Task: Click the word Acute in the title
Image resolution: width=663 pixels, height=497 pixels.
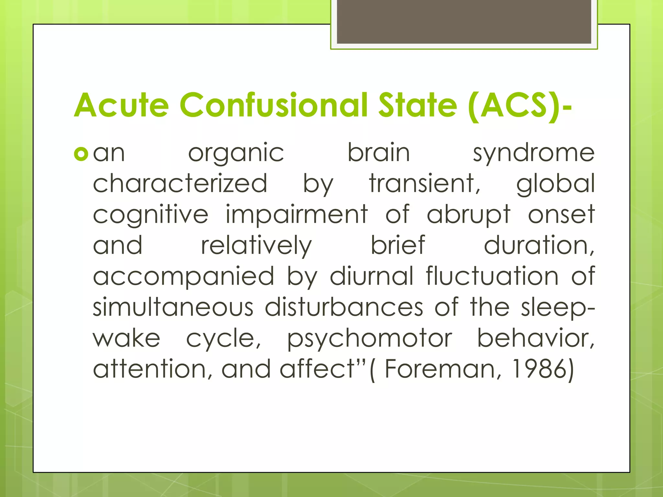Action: point(121,105)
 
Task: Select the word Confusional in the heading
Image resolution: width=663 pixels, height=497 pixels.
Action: point(274,105)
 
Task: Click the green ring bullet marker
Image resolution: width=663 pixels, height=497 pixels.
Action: point(81,154)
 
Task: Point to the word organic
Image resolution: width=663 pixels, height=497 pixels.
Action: point(236,154)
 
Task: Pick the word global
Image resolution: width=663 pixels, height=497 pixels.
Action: point(556,184)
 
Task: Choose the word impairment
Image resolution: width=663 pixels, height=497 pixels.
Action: point(297,214)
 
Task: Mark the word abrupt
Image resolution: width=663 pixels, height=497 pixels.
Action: point(468,215)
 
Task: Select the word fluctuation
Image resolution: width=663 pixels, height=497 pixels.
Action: point(492,276)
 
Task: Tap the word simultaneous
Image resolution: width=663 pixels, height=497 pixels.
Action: point(173,307)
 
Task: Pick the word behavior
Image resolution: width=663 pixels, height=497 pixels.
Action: point(535,338)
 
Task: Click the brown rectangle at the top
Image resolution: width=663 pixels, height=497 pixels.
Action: point(464,22)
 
